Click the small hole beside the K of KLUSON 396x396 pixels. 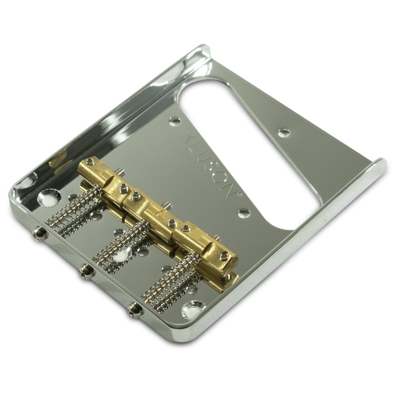173,120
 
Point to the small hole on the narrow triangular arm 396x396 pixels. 283,133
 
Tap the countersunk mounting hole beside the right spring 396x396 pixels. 192,310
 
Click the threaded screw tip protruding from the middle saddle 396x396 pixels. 168,205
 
